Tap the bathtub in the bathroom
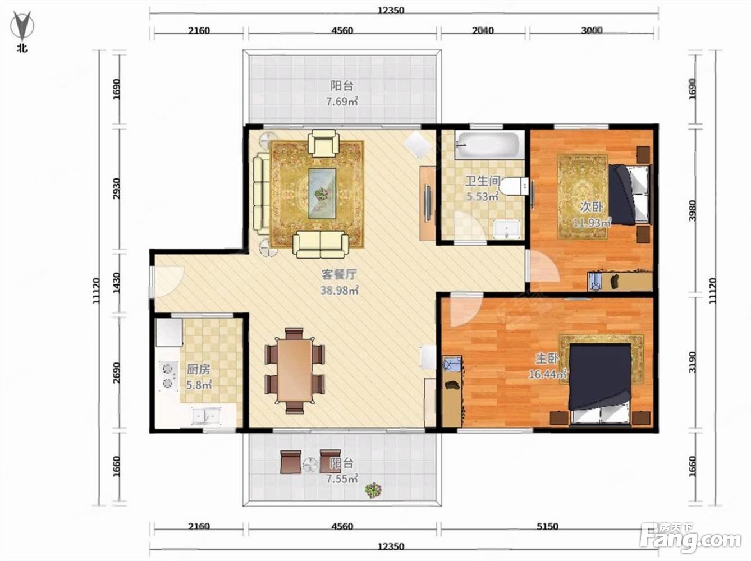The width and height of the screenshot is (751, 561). coord(489,145)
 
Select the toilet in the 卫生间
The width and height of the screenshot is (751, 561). coord(514,186)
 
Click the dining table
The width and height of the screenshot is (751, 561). coord(294,370)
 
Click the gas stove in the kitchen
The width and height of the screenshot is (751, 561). coord(168,376)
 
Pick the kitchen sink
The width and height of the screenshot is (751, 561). coord(205,415)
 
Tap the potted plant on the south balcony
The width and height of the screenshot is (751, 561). coord(373,490)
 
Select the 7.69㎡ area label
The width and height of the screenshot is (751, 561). coord(342,102)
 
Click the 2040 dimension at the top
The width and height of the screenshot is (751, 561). coord(483,30)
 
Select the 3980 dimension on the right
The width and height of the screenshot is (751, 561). coord(693,210)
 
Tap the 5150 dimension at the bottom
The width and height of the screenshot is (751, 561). coord(547,526)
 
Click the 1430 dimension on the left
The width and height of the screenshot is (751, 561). coord(116,283)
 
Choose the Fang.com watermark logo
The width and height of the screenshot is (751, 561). coord(690,541)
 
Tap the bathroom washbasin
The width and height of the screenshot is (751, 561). coord(507,229)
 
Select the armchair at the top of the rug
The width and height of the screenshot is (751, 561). coord(324,145)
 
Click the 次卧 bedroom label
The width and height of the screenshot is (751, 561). coord(591,207)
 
